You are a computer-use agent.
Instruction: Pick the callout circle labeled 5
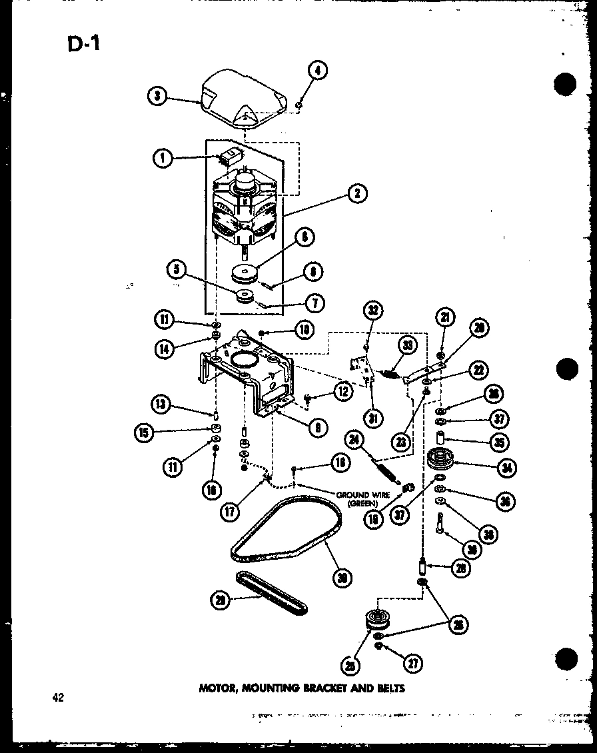click(x=177, y=270)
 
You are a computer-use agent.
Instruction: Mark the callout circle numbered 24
click(x=354, y=439)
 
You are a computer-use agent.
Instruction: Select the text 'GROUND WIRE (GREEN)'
click(x=362, y=499)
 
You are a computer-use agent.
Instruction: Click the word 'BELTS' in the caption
click(x=390, y=688)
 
